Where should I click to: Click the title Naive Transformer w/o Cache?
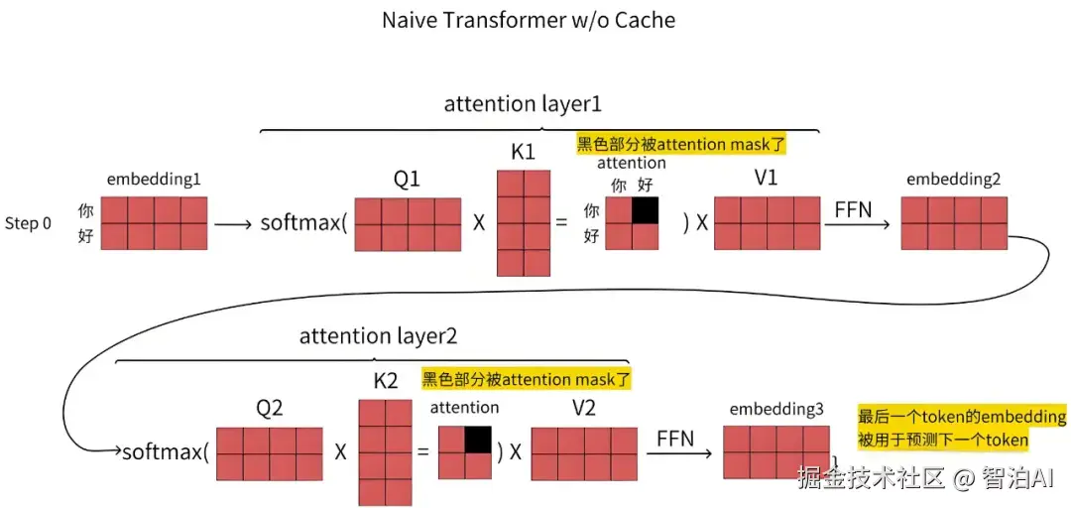pos(529,20)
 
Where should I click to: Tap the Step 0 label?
pos(28,223)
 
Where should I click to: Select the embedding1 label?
pos(154,180)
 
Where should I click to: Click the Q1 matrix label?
pos(407,180)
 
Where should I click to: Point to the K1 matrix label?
pos(523,153)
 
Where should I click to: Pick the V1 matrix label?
pos(766,180)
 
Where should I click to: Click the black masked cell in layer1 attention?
pos(646,210)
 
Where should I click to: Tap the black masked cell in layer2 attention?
pos(478,440)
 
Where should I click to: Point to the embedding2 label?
pos(953,180)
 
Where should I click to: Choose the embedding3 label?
pos(776,409)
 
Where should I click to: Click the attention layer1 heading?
pos(523,104)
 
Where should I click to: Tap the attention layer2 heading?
pos(379,336)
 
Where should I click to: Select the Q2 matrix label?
pos(269,409)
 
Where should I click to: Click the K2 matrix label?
pos(385,381)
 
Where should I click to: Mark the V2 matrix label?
pos(584,409)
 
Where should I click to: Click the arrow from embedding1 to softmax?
pos(233,224)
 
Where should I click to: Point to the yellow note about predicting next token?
pos(961,428)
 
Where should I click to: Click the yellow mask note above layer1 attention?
pos(681,145)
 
